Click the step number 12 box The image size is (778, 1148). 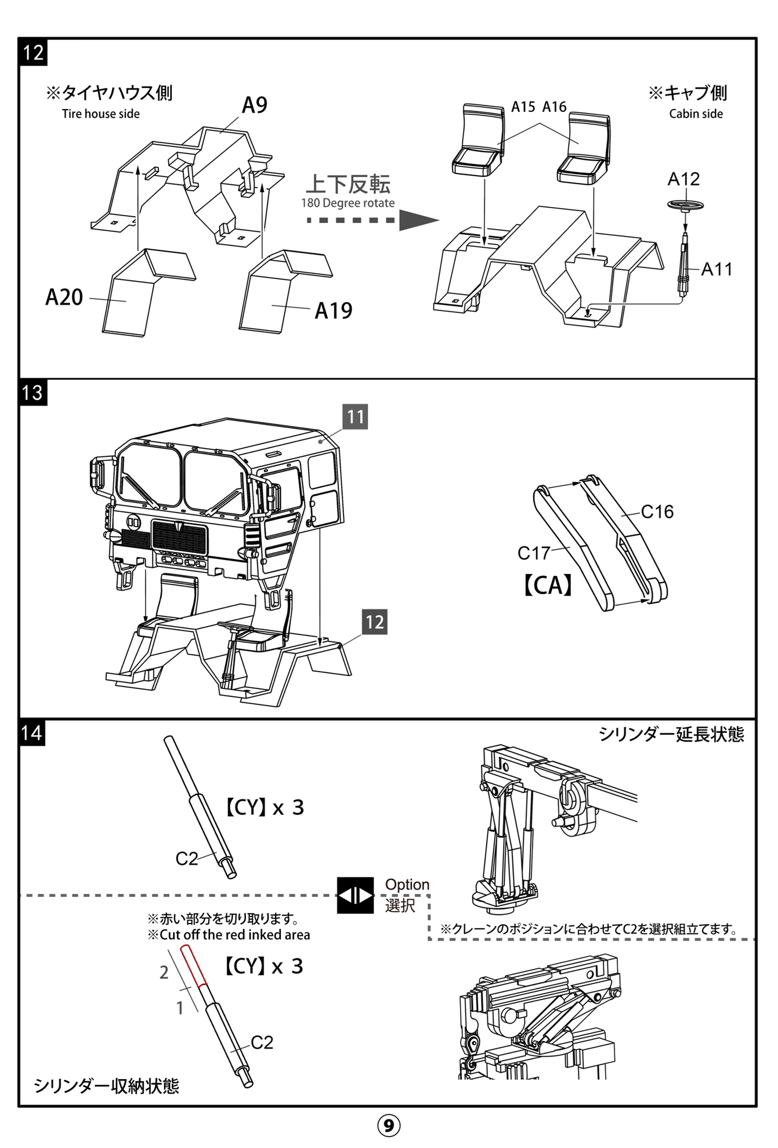pyautogui.click(x=33, y=53)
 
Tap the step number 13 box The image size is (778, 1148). pyautogui.click(x=33, y=393)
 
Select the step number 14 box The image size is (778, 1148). pyautogui.click(x=32, y=732)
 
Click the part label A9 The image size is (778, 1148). pyautogui.click(x=254, y=106)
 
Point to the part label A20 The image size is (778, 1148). pyautogui.click(x=64, y=297)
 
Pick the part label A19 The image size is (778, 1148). pyautogui.click(x=333, y=311)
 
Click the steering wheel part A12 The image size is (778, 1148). pyautogui.click(x=685, y=205)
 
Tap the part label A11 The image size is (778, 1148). pyautogui.click(x=717, y=269)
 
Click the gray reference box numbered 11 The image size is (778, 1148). pyautogui.click(x=355, y=417)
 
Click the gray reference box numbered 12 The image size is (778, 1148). pyautogui.click(x=374, y=622)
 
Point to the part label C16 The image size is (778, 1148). pyautogui.click(x=657, y=511)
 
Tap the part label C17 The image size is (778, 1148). pyautogui.click(x=533, y=553)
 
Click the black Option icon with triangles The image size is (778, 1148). pyautogui.click(x=355, y=896)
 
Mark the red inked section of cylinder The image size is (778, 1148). pyautogui.click(x=194, y=965)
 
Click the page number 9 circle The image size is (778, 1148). pyautogui.click(x=389, y=1125)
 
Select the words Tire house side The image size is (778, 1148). pyautogui.click(x=101, y=114)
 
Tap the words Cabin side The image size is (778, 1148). pyautogui.click(x=696, y=114)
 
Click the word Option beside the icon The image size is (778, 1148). pyautogui.click(x=407, y=885)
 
